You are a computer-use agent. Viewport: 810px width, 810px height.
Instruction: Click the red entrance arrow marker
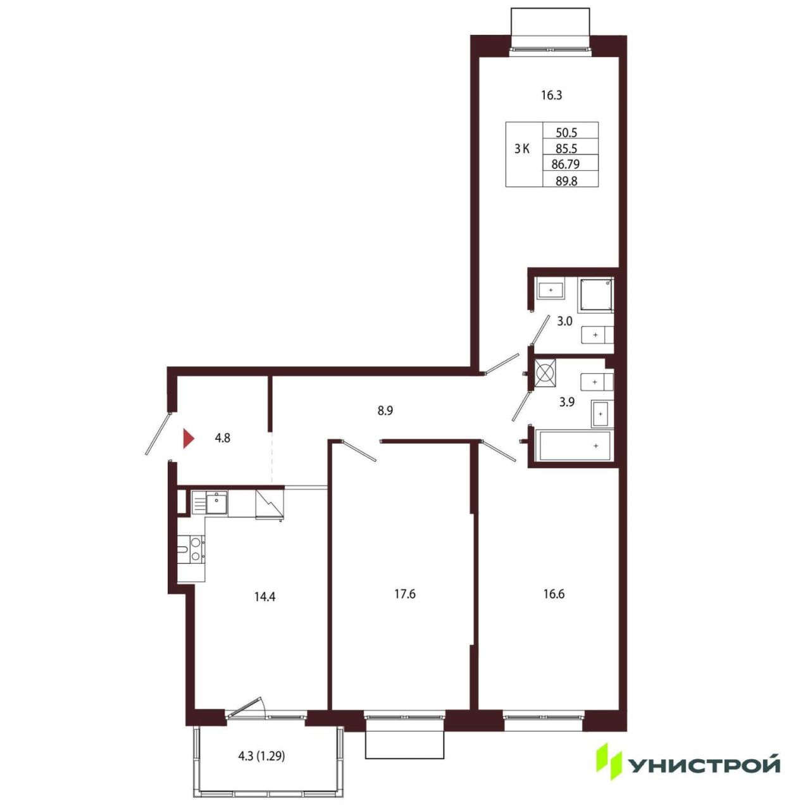tap(189, 439)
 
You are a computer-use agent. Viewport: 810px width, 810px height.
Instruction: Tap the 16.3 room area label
tap(551, 96)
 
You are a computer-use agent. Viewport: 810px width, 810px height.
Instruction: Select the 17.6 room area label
tap(405, 594)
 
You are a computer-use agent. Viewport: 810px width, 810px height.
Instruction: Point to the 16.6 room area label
tap(554, 594)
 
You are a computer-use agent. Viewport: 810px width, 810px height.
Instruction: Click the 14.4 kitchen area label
tap(265, 596)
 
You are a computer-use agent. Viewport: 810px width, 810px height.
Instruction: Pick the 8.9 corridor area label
tap(385, 411)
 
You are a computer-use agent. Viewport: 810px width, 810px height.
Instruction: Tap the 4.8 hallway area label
tap(222, 438)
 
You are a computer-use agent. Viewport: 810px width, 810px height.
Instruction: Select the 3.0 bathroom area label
tap(565, 321)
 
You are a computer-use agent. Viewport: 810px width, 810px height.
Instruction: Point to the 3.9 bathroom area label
tap(566, 402)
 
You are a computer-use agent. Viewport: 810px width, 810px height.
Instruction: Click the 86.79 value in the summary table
tap(565, 164)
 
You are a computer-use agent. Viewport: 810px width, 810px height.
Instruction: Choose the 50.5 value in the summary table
tap(566, 132)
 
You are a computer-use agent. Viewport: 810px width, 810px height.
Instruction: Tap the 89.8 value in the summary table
tap(566, 181)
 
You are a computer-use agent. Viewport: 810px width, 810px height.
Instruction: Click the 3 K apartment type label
tap(521, 149)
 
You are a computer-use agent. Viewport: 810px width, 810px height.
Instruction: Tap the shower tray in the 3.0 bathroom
tap(595, 296)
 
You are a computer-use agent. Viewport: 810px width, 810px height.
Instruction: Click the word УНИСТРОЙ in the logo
tap(704, 766)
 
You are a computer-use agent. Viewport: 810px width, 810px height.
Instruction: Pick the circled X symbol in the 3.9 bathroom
tap(545, 373)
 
